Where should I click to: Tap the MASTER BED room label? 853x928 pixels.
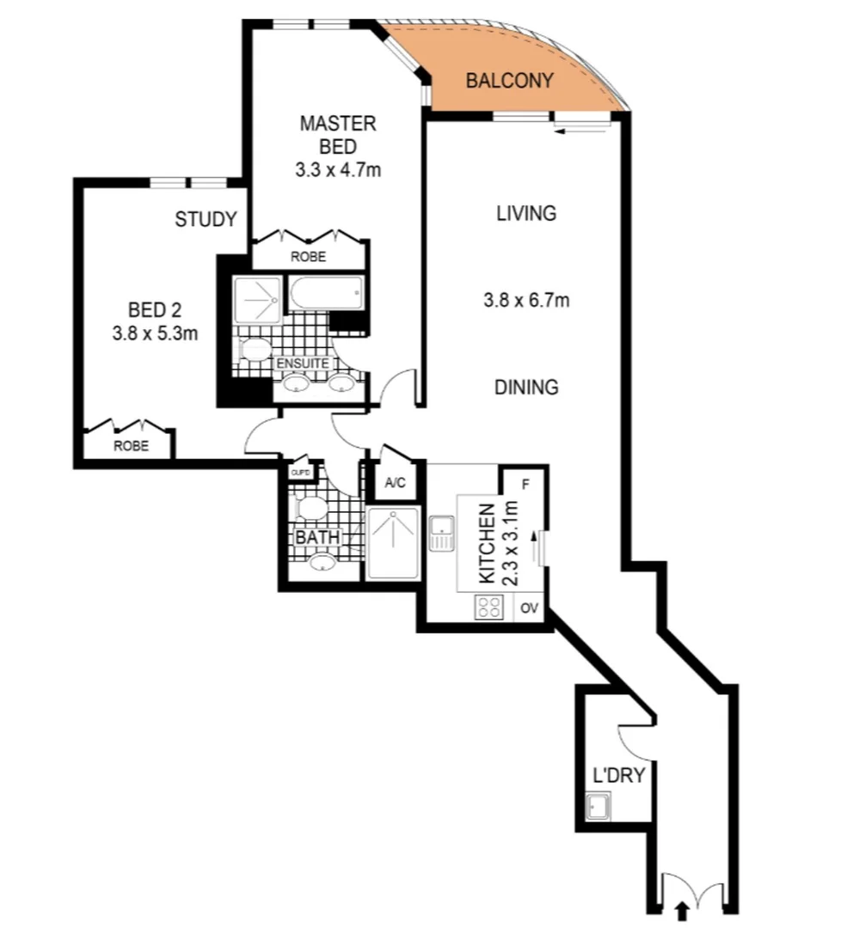tap(337, 135)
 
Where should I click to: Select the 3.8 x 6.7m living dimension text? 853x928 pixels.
tap(526, 301)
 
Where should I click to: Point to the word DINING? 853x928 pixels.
tap(526, 388)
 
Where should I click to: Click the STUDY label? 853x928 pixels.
tap(206, 220)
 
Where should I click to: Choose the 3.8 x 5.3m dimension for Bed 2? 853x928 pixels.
tap(155, 333)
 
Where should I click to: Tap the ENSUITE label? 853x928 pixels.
tap(301, 363)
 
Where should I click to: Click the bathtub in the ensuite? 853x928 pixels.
tap(326, 293)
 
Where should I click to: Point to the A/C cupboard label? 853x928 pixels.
tap(395, 483)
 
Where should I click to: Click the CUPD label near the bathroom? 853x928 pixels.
tap(300, 473)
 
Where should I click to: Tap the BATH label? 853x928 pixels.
tap(318, 538)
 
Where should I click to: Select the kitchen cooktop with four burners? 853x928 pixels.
tap(489, 607)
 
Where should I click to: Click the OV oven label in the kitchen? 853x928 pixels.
tap(530, 608)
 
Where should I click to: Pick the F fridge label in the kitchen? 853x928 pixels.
tap(525, 483)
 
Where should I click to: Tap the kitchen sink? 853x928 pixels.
tap(442, 533)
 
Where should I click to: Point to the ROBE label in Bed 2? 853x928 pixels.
tap(130, 446)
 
